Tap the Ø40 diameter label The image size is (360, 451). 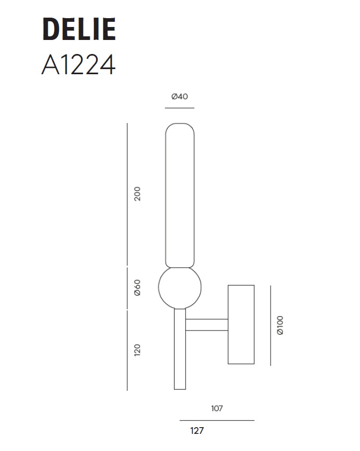[x=179, y=97]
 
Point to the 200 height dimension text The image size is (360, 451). [x=137, y=194]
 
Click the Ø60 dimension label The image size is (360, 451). [x=137, y=288]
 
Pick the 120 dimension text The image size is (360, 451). [x=137, y=350]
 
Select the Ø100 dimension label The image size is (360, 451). [x=280, y=325]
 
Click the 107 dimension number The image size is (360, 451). [x=217, y=408]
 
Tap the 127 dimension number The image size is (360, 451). [x=197, y=431]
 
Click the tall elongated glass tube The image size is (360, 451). [x=180, y=195]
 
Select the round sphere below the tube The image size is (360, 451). [x=180, y=288]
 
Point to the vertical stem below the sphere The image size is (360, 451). [x=180, y=349]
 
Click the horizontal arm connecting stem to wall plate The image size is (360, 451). [x=207, y=325]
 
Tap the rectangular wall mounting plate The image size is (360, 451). [x=241, y=324]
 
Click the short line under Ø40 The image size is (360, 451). [x=179, y=108]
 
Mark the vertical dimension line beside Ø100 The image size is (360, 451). [x=270, y=325]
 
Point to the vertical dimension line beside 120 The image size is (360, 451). [x=127, y=350]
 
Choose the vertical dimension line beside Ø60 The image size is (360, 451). [x=127, y=288]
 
